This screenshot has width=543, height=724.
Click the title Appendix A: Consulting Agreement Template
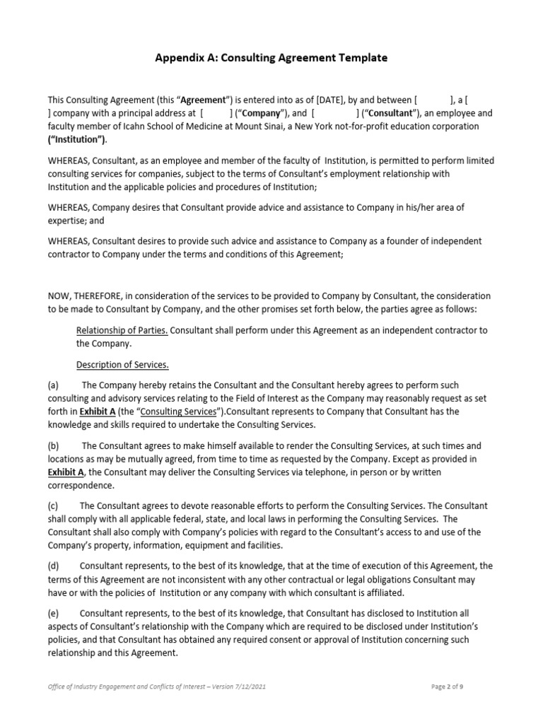(271, 58)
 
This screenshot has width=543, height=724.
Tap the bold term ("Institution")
(77, 139)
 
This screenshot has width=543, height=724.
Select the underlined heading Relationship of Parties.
(122, 330)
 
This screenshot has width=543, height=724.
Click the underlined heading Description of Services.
(122, 365)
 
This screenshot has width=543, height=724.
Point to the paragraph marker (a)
(54, 385)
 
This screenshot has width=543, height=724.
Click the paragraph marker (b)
(54, 446)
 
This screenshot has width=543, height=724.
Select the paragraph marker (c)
(54, 506)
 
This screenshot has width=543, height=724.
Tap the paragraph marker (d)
(54, 566)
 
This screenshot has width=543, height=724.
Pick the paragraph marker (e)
(54, 614)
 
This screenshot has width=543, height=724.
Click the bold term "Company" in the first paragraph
(262, 113)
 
